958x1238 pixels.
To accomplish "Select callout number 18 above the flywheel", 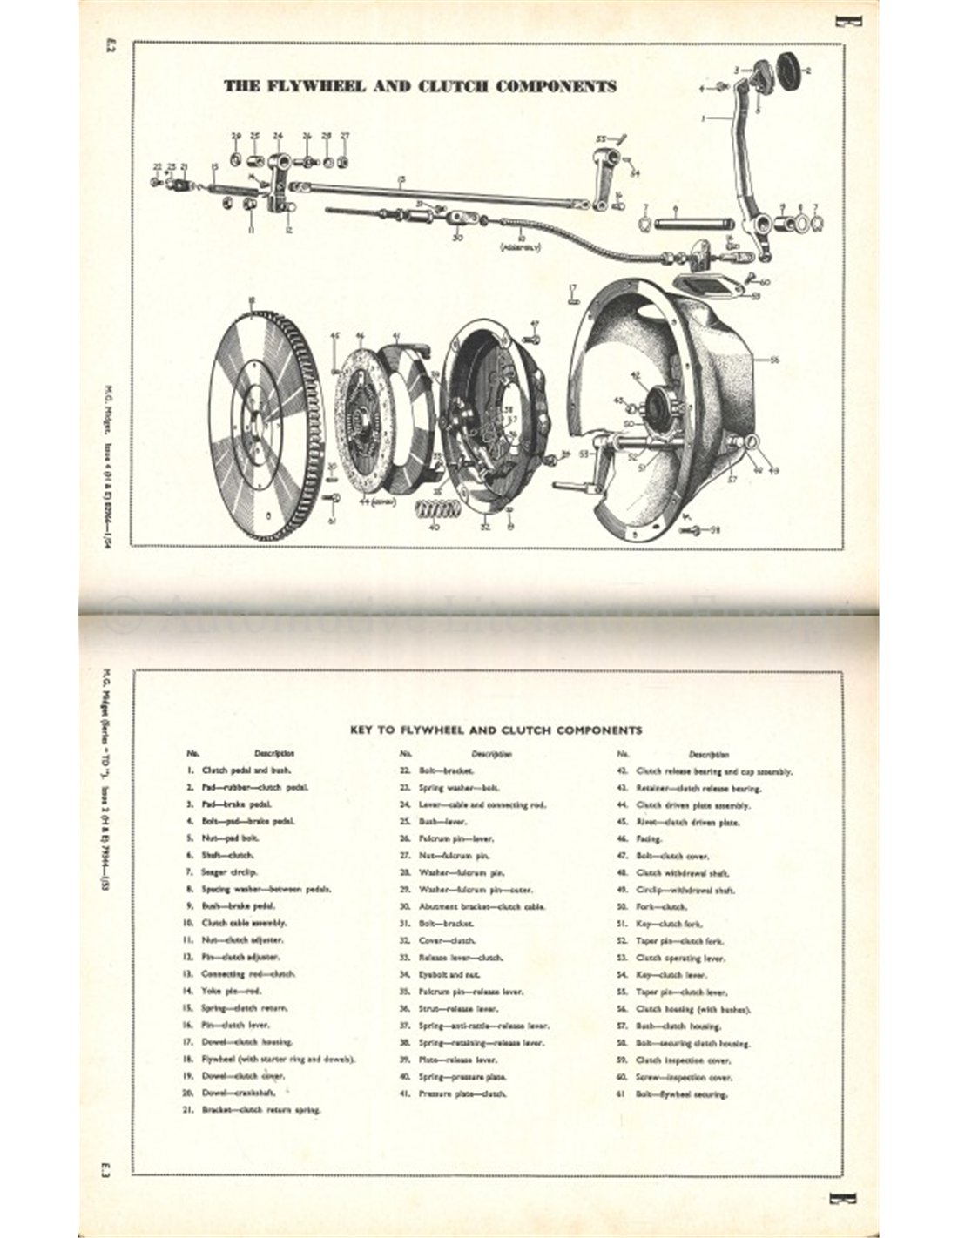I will [252, 302].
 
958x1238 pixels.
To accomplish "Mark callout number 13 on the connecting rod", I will [401, 181].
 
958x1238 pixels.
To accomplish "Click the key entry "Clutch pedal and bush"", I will [246, 770].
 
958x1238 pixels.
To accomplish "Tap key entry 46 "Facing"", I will [650, 839].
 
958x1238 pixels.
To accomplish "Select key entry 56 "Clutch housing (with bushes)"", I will [694, 1009].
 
